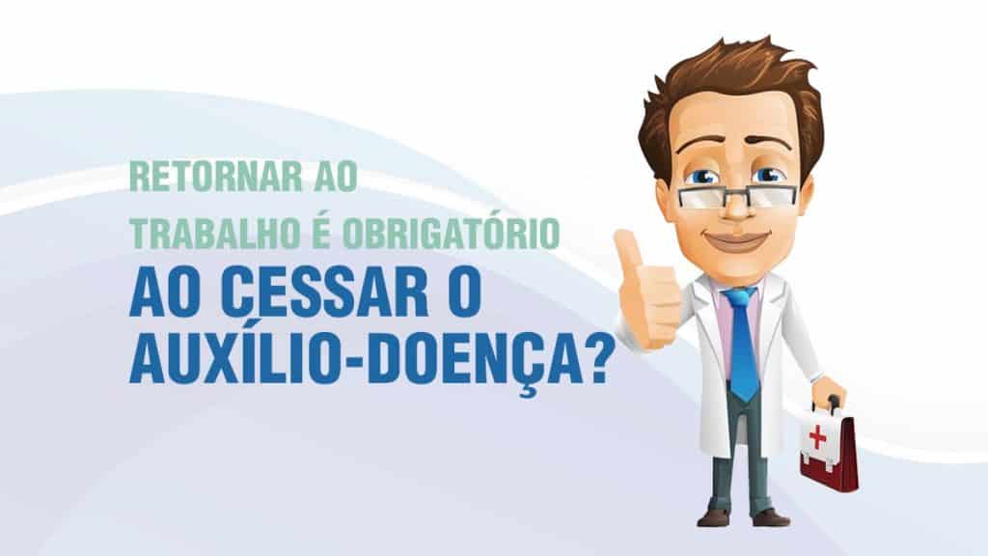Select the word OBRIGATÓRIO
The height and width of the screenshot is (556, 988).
click(x=451, y=233)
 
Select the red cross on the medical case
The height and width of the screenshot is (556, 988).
click(x=818, y=436)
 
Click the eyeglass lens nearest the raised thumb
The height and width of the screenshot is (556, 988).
click(x=701, y=196)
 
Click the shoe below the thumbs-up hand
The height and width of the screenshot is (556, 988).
click(x=714, y=517)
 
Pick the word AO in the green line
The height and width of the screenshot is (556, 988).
click(x=335, y=177)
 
